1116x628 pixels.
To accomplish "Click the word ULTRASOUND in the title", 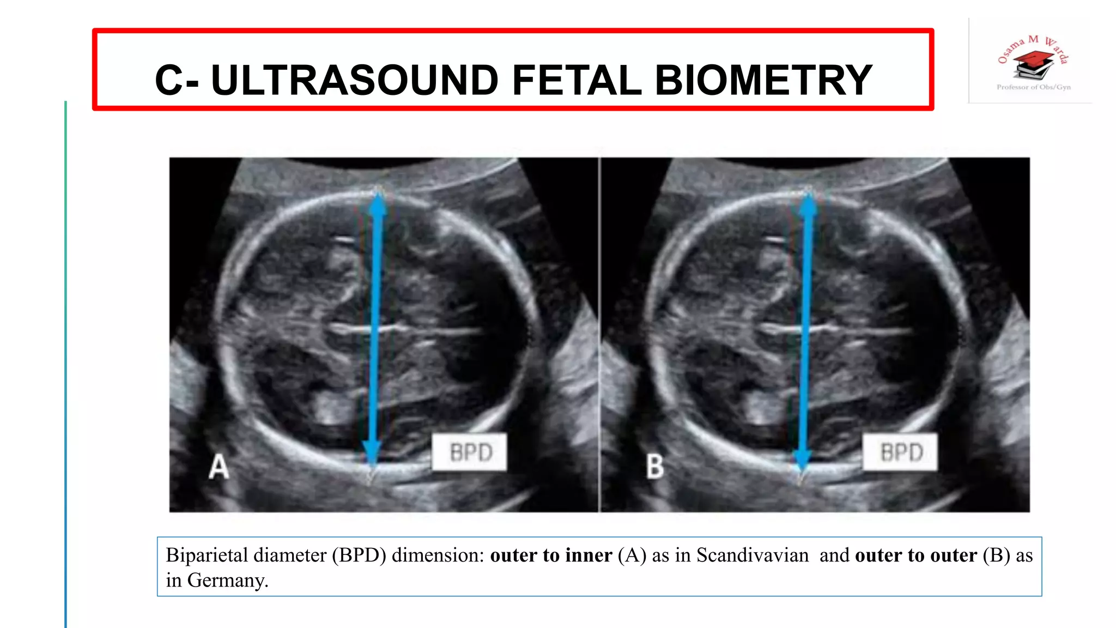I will (x=354, y=80).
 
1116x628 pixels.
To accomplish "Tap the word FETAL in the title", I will (x=577, y=80).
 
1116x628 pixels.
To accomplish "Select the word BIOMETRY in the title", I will (x=763, y=80).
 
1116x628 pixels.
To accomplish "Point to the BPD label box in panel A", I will (x=470, y=452).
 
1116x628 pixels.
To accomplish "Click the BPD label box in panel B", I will (x=900, y=452).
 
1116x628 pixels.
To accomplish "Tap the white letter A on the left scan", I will (x=219, y=467).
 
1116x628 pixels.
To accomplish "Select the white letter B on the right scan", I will (x=655, y=467).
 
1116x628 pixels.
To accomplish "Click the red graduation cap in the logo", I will (x=1033, y=58).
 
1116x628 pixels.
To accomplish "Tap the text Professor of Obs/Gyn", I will (x=1033, y=87).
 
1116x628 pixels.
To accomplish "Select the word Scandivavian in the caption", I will (x=753, y=555).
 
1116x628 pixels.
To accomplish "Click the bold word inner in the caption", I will (x=589, y=555).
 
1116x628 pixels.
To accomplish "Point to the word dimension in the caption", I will (x=438, y=555).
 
